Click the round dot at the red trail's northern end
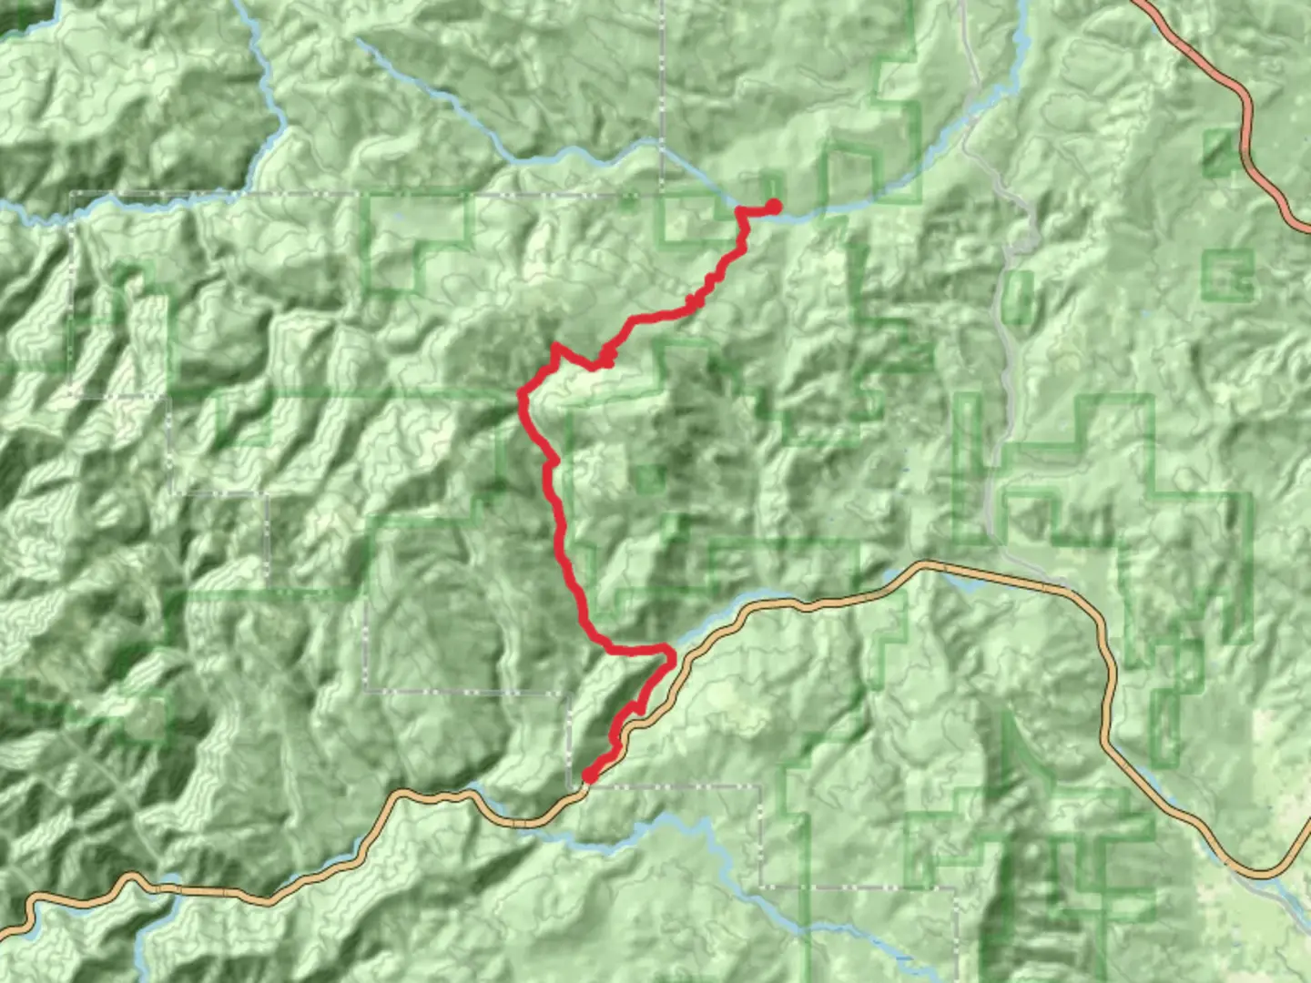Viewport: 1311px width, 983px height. click(774, 207)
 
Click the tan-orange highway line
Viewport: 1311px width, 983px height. click(1001, 578)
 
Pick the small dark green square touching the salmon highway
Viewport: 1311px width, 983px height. click(1220, 152)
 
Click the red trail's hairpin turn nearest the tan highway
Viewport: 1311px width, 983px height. click(669, 652)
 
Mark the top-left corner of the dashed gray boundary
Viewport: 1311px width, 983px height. click(72, 194)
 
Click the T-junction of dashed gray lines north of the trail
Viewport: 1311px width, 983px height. click(662, 194)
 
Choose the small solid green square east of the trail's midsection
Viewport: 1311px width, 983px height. click(648, 478)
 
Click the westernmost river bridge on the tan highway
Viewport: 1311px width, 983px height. click(168, 887)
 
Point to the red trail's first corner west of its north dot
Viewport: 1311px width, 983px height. click(739, 212)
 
